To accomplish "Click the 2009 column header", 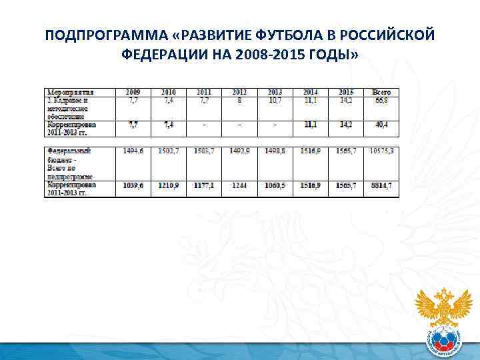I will coord(133,92).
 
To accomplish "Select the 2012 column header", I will coord(240,92).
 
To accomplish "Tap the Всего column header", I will coord(381,92).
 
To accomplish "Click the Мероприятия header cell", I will coord(70,92).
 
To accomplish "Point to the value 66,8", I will coord(381,100).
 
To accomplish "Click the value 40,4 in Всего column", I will coord(381,125).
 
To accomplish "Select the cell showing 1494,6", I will coord(133,151).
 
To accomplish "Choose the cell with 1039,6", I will coord(133,185).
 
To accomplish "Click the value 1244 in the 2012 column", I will coord(240,185).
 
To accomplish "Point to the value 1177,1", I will coord(204,185).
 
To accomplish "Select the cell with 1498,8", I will coord(275,151).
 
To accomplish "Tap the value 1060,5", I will coord(275,185).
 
